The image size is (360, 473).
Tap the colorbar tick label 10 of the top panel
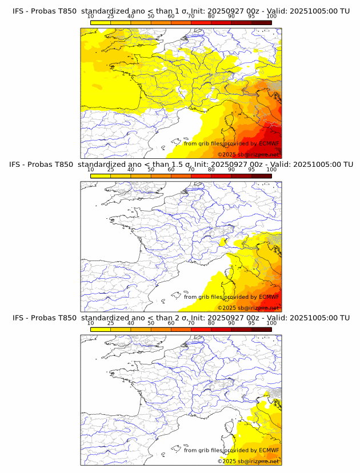[x=91, y=17]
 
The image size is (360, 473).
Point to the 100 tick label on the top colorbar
[x=271, y=17]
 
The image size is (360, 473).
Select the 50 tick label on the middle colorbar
[x=151, y=170]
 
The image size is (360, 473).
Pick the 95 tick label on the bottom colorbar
[x=251, y=323]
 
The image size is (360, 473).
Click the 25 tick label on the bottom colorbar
[x=111, y=323]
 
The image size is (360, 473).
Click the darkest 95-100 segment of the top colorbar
[x=261, y=22]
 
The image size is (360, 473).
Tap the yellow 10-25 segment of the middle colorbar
[x=101, y=176]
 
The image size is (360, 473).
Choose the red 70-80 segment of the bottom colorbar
[x=201, y=329]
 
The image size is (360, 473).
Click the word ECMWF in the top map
[x=269, y=143]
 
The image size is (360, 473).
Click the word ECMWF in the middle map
[x=269, y=297]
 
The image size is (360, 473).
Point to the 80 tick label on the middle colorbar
[x=211, y=170]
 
